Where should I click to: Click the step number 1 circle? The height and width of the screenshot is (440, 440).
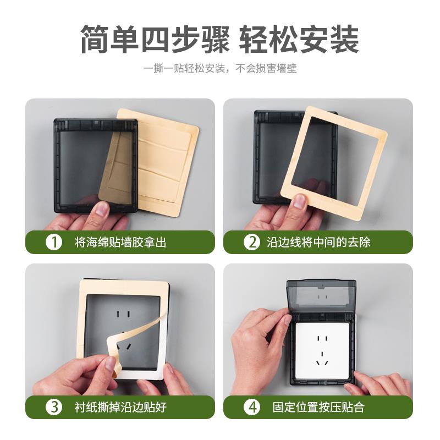click(x=53, y=242)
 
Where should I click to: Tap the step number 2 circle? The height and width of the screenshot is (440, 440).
click(x=252, y=242)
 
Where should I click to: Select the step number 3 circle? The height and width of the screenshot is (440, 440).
click(x=53, y=407)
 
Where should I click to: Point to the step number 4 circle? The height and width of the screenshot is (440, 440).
click(x=252, y=407)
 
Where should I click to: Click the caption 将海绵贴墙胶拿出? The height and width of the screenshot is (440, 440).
click(x=120, y=242)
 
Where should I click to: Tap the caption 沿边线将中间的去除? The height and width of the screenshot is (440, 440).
click(x=318, y=242)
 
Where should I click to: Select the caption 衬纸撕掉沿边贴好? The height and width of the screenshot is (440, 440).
click(x=120, y=407)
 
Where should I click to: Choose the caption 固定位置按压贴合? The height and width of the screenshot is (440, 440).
click(x=318, y=407)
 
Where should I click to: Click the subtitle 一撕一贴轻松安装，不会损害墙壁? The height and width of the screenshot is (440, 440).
click(x=219, y=68)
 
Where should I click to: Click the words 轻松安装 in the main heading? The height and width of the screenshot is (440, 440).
click(x=299, y=38)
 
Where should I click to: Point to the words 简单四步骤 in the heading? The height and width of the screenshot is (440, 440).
click(x=155, y=38)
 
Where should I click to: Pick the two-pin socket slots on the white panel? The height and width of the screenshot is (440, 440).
click(x=322, y=338)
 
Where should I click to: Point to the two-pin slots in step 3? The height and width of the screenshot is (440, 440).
click(x=123, y=314)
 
